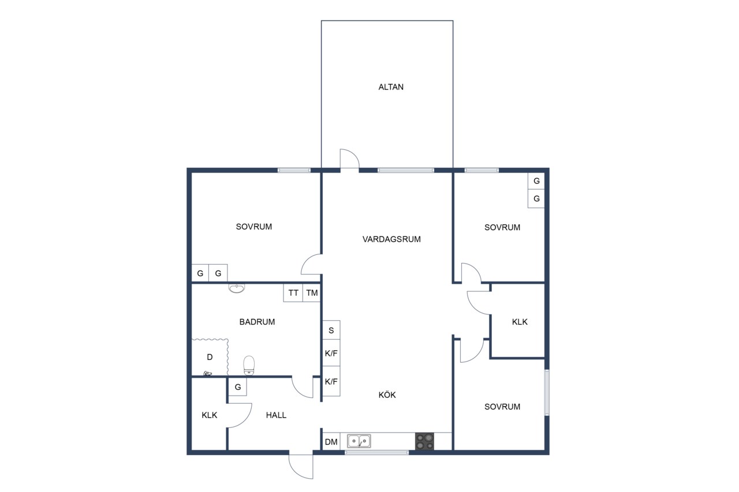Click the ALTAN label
pos(391,87)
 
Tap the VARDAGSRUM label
pos(391,239)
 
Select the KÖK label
pos(387,395)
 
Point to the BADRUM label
pos(257,322)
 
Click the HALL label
pos(276,415)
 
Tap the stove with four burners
pos(424,441)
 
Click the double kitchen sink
pos(359,441)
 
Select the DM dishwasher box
pos(331,441)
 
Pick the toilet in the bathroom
pos(249,365)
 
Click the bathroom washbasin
pos(237,288)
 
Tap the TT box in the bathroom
pos(293,292)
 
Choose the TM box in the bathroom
pos(312,292)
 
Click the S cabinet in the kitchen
pos(331,330)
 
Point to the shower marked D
pos(210,357)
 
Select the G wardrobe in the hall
pos(238,387)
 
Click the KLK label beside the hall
pos(210,415)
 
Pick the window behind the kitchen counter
pos(377,452)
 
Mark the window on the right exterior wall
pos(547,392)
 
